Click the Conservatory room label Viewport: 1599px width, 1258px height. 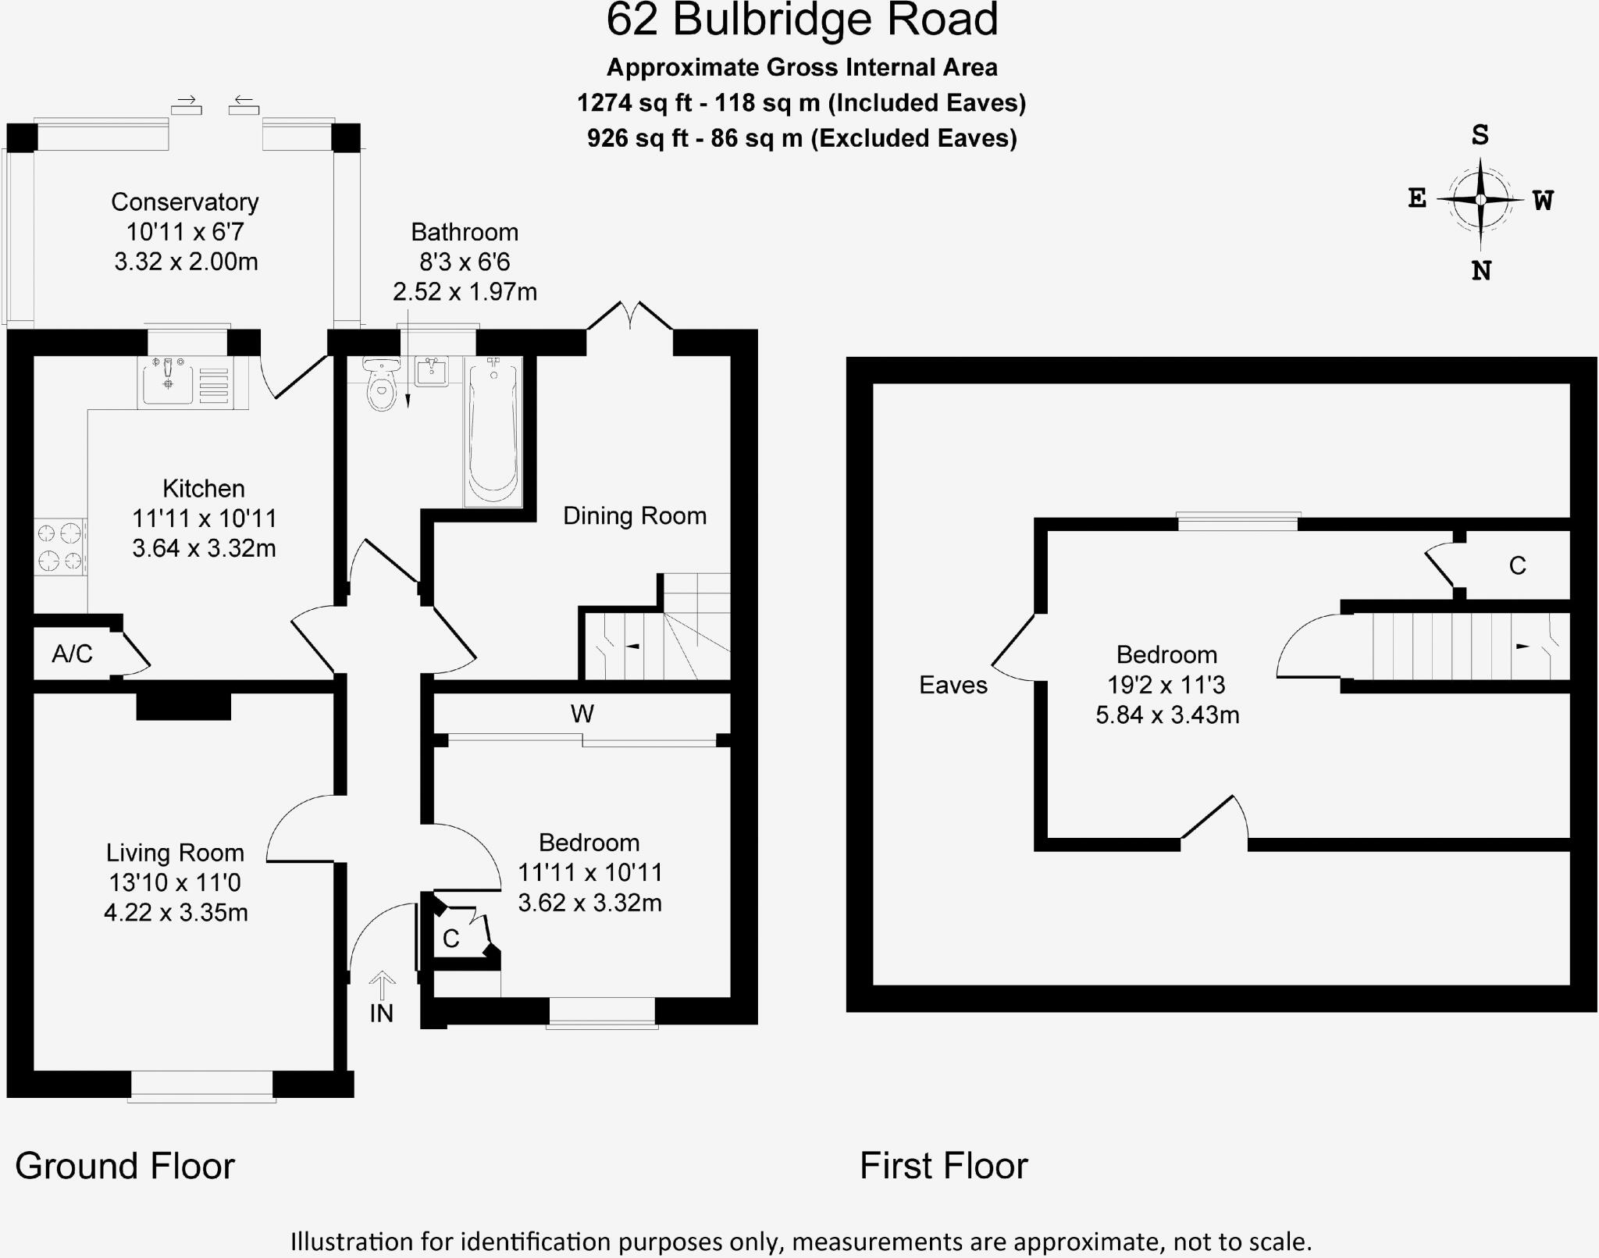[x=185, y=202]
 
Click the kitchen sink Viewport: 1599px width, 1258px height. [x=167, y=380]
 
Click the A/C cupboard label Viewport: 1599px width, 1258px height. [x=72, y=654]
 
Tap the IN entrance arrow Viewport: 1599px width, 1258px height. [x=381, y=986]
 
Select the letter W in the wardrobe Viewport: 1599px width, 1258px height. [x=582, y=714]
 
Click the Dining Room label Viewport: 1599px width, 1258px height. [x=635, y=516]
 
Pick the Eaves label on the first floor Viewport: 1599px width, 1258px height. [x=953, y=686]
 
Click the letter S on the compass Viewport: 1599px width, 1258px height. [x=1480, y=136]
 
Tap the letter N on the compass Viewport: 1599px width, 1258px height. [x=1481, y=271]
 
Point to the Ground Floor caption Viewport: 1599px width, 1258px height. [x=125, y=1167]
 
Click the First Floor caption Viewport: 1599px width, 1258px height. [x=944, y=1167]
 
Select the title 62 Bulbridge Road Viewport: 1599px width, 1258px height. [x=802, y=21]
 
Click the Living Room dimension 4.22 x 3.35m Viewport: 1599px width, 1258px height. [x=176, y=913]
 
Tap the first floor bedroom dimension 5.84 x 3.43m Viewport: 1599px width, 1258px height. [x=1167, y=715]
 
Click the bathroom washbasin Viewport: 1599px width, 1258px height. [x=432, y=372]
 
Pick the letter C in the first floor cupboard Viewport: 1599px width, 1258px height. [x=1517, y=565]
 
